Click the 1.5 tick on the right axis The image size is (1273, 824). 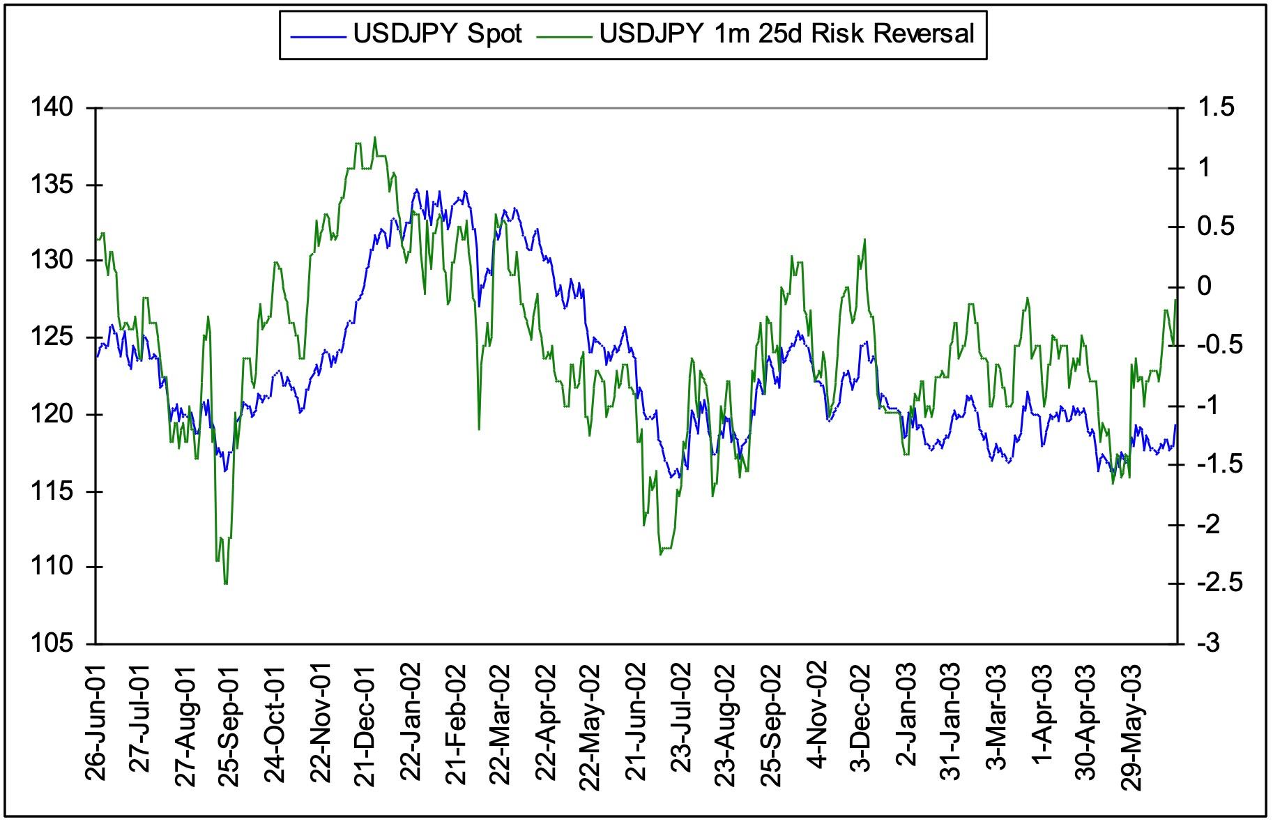pos(1216,108)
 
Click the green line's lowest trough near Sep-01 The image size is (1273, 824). pos(225,583)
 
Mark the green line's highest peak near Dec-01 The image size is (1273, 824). pos(374,137)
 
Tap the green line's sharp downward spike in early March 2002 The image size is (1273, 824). pos(479,429)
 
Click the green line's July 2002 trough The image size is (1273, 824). pos(660,554)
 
